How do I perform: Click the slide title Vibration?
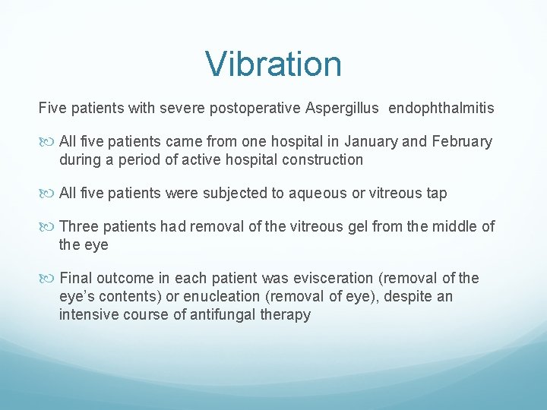[x=273, y=64]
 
